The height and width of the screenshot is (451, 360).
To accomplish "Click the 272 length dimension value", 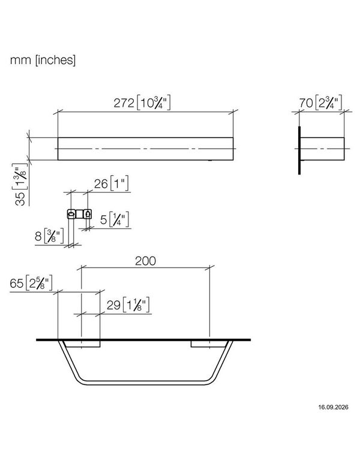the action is (124, 103).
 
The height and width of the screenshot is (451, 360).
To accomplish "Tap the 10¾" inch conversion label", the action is (154, 103).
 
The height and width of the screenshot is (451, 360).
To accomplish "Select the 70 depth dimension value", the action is (305, 103).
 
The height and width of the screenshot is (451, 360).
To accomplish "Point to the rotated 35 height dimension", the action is (20, 199).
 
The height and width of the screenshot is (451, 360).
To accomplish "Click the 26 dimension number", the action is (101, 184).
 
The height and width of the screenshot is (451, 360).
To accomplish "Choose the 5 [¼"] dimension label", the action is (115, 220).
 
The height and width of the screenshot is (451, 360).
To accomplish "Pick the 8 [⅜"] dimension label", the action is (49, 236).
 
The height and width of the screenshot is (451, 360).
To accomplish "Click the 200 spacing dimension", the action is (146, 261).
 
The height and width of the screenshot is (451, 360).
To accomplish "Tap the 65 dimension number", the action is (16, 283).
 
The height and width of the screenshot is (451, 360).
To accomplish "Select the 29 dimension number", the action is (113, 305).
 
